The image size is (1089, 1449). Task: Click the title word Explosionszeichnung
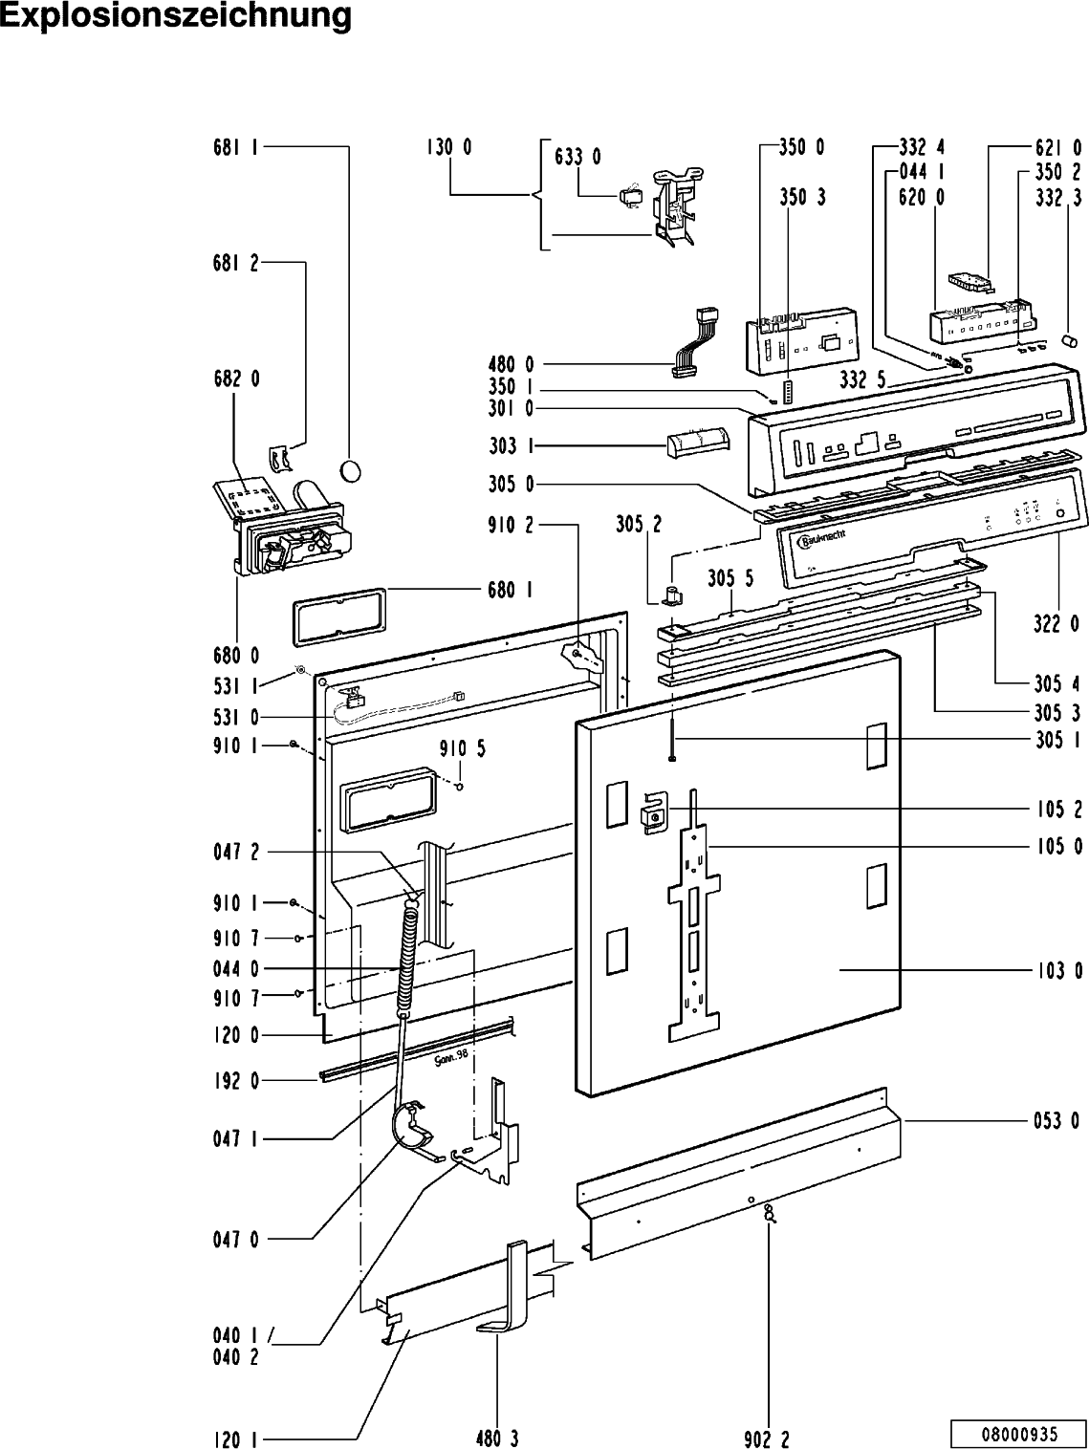click(176, 16)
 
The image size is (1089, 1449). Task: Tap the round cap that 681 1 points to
click(351, 470)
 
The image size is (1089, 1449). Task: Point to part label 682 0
click(236, 379)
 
